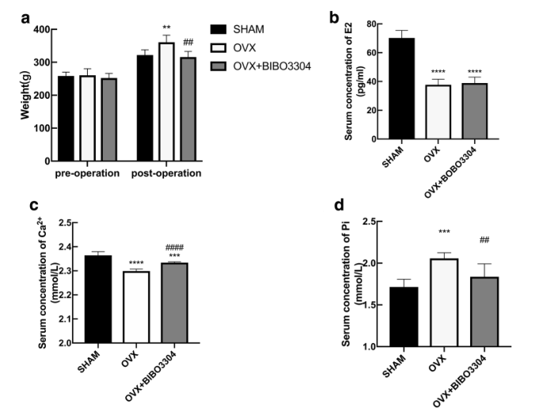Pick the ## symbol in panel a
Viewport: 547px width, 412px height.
pos(188,43)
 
